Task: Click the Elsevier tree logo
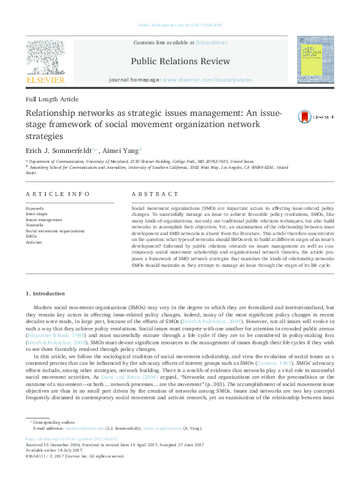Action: (45, 58)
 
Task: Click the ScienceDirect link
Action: (211, 42)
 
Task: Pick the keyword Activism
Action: (34, 243)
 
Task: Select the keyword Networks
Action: (36, 225)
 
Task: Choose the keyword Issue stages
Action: (36, 214)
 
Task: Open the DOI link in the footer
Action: (67, 439)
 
